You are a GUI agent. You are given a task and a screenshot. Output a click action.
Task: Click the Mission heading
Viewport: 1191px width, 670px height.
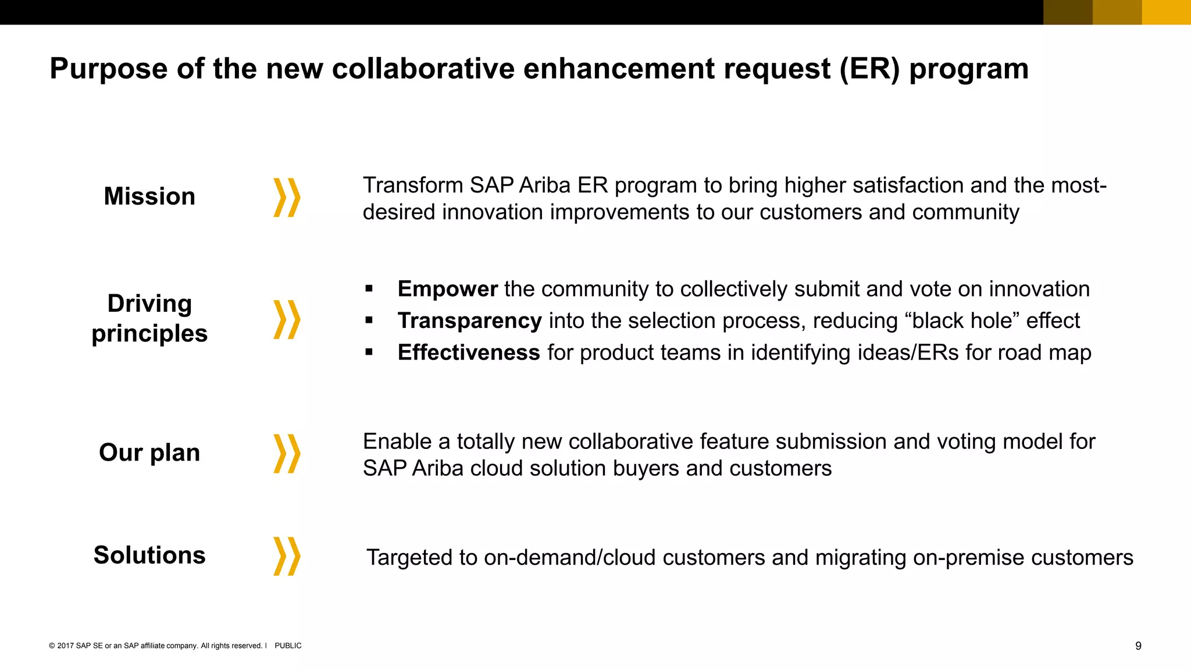point(149,197)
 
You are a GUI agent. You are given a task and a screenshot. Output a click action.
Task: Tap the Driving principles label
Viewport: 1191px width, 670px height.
point(149,319)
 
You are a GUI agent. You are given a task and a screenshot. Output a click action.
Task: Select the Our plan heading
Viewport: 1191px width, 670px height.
point(149,452)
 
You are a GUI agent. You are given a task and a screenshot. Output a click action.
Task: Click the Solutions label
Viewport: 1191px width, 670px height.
point(149,555)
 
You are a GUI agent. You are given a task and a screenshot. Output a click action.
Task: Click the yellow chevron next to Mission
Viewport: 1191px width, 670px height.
point(287,198)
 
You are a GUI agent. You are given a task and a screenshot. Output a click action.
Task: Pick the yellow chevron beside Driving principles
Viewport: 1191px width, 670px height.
point(287,319)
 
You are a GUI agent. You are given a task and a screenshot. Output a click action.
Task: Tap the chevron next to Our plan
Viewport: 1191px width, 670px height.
point(287,453)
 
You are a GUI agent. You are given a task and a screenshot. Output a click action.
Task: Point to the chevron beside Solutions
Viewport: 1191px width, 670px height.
point(287,556)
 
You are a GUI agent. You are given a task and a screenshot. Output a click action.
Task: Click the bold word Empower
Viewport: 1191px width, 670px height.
point(447,289)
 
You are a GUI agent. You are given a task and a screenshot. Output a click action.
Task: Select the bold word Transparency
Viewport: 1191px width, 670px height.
point(469,321)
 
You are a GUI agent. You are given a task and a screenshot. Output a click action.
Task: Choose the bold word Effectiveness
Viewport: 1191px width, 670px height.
point(469,352)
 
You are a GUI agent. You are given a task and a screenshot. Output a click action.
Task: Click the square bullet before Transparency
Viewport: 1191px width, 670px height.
point(369,320)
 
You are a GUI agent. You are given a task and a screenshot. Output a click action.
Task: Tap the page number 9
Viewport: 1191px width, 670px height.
point(1138,646)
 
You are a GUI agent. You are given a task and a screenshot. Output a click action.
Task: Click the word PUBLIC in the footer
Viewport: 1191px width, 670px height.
point(288,646)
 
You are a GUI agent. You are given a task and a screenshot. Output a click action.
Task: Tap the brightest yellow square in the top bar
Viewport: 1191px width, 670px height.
point(1166,12)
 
